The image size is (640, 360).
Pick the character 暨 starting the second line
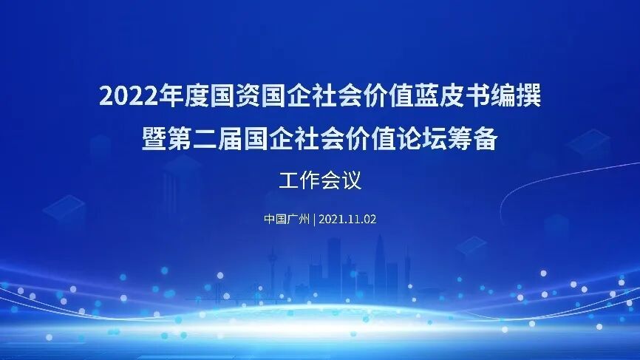(x=154, y=138)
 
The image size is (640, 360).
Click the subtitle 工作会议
(x=320, y=180)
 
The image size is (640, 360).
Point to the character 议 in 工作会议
(x=352, y=180)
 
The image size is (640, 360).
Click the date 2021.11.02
(x=347, y=220)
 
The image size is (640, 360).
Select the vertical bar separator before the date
(x=315, y=220)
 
